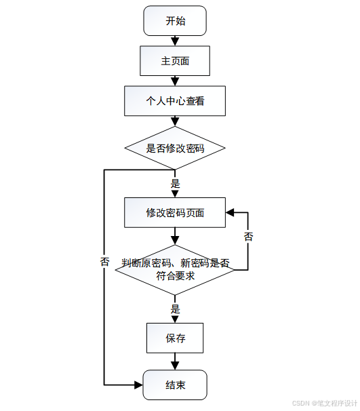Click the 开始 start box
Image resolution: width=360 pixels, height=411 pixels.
click(175, 21)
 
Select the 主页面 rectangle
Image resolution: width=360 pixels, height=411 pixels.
click(175, 61)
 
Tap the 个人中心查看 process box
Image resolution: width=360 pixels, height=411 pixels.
click(175, 101)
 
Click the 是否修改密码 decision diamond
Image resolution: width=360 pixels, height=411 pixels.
click(175, 148)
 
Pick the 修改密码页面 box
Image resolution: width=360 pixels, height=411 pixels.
click(175, 212)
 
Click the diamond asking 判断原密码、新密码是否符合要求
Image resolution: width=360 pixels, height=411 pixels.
click(175, 270)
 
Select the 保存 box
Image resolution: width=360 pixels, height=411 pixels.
click(175, 338)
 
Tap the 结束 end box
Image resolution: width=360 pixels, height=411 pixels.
click(175, 385)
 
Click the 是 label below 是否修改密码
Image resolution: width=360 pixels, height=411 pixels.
click(176, 184)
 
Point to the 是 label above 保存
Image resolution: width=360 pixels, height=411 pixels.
click(176, 309)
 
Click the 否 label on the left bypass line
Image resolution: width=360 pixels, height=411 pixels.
click(104, 261)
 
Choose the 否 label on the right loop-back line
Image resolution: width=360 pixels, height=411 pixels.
click(248, 237)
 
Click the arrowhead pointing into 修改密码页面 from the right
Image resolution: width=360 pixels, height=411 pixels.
click(230, 212)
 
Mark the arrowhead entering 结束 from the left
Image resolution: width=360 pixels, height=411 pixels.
click(138, 385)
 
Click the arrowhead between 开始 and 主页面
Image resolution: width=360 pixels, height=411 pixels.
click(175, 41)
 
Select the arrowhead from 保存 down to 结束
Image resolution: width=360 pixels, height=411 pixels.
click(175, 366)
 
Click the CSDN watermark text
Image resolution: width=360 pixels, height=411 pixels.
click(324, 403)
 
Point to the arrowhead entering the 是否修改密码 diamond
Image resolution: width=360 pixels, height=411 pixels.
click(175, 122)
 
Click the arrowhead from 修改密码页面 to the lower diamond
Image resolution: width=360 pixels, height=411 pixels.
click(175, 241)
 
